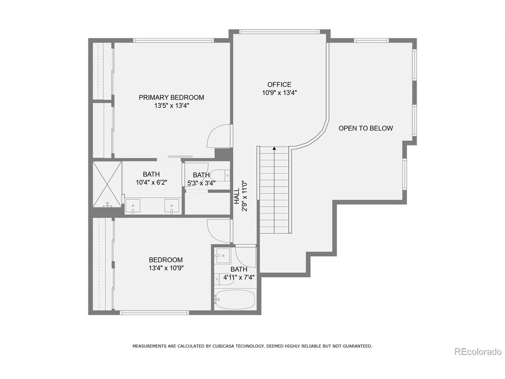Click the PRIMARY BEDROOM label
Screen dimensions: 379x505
(171, 98)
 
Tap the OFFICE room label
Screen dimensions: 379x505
(279, 84)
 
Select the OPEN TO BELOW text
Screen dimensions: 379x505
(366, 128)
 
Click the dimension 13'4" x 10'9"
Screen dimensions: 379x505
(166, 268)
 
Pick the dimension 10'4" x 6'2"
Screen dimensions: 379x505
(151, 182)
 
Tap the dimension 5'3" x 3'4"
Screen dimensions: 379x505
(201, 183)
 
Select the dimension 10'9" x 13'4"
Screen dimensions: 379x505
(279, 93)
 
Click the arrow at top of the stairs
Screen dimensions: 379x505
(274, 148)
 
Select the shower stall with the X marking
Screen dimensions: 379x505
(107, 185)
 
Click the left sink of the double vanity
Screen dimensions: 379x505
(133, 206)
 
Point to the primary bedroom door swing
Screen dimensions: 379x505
(218, 137)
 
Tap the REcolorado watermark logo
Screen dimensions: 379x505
(478, 351)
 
